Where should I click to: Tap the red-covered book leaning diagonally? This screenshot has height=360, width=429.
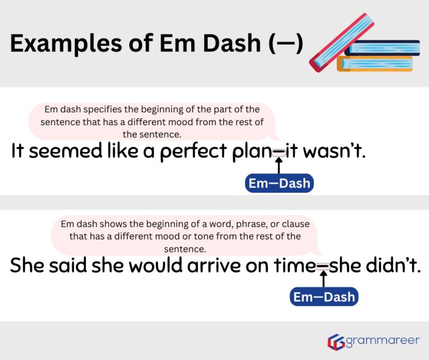(x=341, y=42)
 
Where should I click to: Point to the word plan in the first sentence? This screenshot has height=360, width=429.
(x=252, y=152)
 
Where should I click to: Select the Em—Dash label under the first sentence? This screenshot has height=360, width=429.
(x=280, y=183)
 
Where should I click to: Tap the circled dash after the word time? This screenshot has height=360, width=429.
(x=323, y=266)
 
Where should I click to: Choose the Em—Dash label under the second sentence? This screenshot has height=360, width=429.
(x=324, y=297)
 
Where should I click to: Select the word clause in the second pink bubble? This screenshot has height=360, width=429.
(x=296, y=224)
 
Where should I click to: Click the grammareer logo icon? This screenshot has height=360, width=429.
(x=336, y=341)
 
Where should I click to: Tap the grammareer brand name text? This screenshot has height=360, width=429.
(x=382, y=340)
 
